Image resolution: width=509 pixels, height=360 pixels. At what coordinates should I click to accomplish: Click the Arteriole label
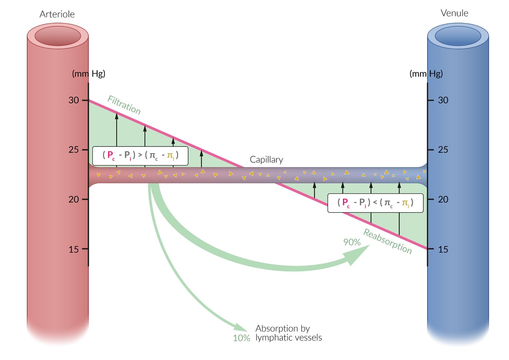click(57, 14)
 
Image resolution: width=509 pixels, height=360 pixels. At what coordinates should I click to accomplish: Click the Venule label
click(454, 13)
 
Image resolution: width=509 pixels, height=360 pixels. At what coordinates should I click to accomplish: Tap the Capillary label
click(266, 159)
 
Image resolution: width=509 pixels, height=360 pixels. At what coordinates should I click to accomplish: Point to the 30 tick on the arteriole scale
click(85, 100)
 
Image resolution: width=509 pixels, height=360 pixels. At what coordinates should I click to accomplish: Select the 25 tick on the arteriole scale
click(85, 149)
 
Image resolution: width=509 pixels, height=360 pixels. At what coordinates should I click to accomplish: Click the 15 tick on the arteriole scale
click(85, 249)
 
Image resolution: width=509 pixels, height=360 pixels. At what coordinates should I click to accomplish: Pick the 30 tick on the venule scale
click(431, 100)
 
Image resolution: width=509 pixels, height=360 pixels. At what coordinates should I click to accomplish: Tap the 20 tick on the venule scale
click(431, 199)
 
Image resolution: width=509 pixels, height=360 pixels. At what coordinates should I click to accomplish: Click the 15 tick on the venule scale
click(431, 249)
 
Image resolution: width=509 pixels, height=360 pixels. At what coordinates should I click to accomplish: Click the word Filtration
click(124, 105)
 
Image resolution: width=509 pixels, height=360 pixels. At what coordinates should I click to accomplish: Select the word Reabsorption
click(387, 241)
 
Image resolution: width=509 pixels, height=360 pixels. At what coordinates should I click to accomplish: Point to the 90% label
click(352, 242)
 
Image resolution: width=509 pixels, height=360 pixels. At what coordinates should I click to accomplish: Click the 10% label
click(241, 338)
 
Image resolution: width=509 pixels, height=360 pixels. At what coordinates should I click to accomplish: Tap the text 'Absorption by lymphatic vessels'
click(288, 333)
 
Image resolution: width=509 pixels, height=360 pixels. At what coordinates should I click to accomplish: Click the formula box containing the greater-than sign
click(140, 156)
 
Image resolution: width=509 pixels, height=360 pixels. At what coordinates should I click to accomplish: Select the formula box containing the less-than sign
click(375, 203)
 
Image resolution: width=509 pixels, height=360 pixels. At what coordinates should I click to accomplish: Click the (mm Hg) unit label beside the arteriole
click(89, 74)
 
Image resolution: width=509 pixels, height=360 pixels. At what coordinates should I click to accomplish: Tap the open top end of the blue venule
click(458, 36)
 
